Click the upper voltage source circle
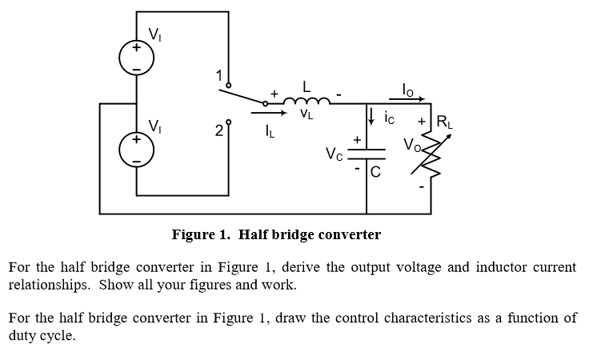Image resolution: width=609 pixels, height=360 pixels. pyautogui.click(x=135, y=58)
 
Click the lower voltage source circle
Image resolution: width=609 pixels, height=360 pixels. pyautogui.click(x=135, y=149)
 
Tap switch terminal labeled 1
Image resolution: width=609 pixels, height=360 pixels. pyautogui.click(x=229, y=84)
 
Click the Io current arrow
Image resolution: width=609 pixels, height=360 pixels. pyautogui.click(x=409, y=100)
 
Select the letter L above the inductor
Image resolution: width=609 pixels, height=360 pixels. pyautogui.click(x=306, y=84)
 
